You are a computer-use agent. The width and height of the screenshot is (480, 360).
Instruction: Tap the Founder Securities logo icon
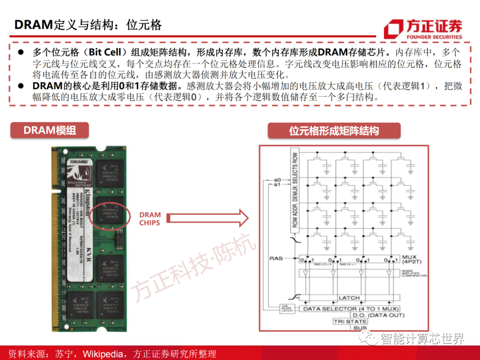pos(393,29)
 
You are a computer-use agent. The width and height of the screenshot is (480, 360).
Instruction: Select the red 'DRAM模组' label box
pos(50,130)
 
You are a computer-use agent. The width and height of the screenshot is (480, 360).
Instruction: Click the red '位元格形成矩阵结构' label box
pos(334,131)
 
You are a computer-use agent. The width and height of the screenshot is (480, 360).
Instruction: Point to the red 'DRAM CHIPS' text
pos(149,219)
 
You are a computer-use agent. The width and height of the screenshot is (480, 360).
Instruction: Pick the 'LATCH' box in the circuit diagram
pos(349,298)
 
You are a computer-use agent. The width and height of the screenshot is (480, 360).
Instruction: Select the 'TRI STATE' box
pos(351,321)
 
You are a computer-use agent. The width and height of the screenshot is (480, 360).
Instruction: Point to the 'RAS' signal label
pos(276,258)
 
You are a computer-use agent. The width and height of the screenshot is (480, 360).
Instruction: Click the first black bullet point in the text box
pos(20,52)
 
